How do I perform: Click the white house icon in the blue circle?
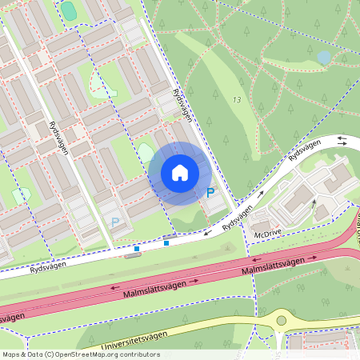click(180, 173)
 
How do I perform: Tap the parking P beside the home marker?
click(210, 193)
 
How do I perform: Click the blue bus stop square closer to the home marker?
click(166, 243)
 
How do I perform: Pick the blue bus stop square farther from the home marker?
click(137, 249)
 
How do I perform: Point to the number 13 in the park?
click(236, 99)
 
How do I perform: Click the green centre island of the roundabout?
click(281, 321)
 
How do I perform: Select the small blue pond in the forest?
click(323, 58)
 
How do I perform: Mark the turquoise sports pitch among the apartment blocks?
click(69, 10)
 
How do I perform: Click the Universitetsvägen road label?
click(136, 341)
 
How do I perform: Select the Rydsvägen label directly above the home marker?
click(183, 104)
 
